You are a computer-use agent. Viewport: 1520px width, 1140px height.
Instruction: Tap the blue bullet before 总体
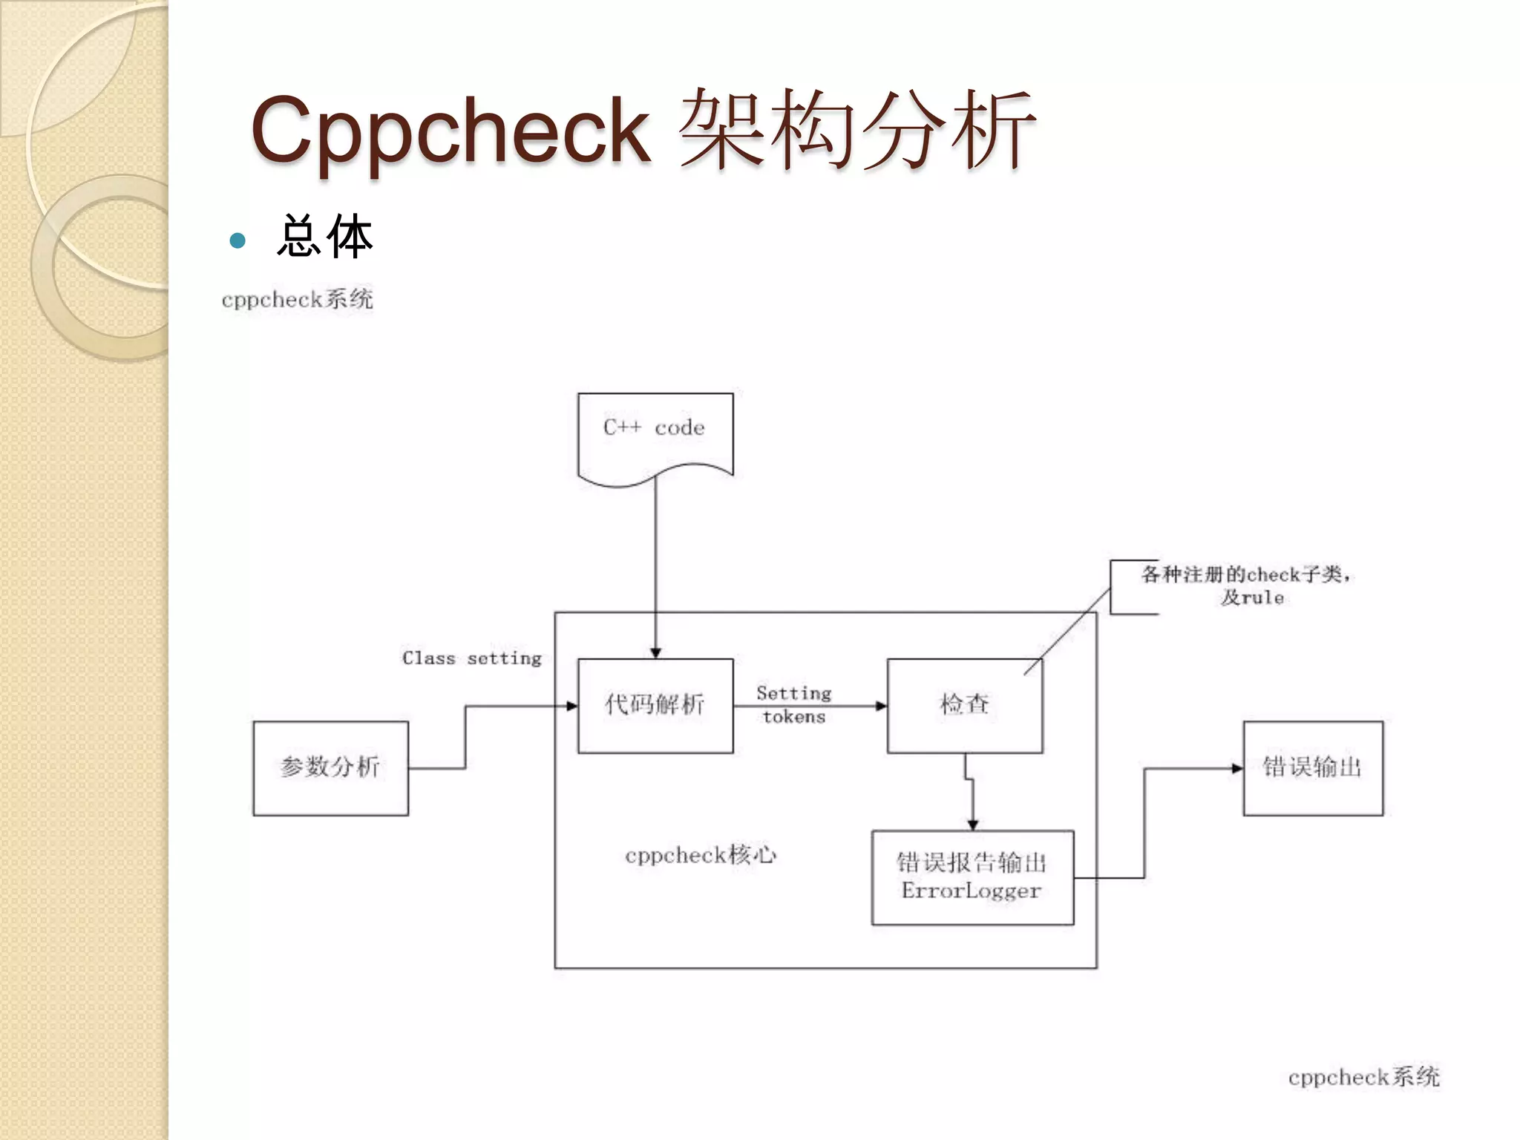[237, 240]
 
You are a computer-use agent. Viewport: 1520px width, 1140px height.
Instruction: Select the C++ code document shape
[655, 434]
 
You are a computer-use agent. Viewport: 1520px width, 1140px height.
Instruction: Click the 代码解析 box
[655, 705]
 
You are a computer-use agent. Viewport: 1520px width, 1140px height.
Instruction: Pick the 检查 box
[964, 705]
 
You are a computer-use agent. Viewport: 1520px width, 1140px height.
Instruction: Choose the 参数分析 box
[330, 767]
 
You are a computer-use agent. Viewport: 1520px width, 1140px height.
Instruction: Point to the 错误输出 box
[1312, 767]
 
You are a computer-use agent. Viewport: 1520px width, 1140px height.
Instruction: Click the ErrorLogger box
[972, 877]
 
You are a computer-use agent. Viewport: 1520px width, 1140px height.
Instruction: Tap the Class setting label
[472, 658]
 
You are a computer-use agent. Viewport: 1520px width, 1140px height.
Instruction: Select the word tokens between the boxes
[794, 717]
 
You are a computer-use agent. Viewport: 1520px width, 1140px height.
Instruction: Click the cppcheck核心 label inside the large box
[701, 856]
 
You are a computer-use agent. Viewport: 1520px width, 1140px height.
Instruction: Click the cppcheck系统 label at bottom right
[1363, 1077]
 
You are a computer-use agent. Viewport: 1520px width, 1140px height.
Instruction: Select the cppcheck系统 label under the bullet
[297, 300]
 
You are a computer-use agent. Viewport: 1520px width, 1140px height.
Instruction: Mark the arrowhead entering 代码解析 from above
[655, 653]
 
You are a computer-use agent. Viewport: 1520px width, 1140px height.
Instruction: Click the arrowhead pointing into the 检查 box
[881, 706]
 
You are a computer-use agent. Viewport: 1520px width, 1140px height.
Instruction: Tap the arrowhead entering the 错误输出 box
[1237, 768]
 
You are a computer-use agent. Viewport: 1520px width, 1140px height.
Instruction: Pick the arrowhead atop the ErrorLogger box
[972, 825]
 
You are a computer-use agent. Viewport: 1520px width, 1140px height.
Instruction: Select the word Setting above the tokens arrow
[794, 693]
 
